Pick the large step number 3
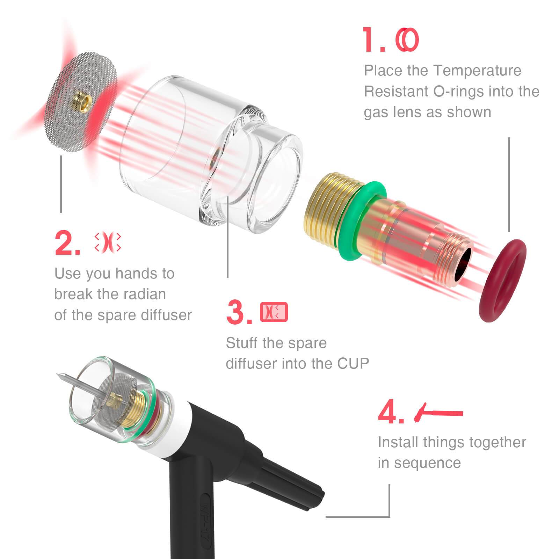pyautogui.click(x=239, y=312)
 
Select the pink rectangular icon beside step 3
pyautogui.click(x=274, y=312)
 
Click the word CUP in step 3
pyautogui.click(x=353, y=363)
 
